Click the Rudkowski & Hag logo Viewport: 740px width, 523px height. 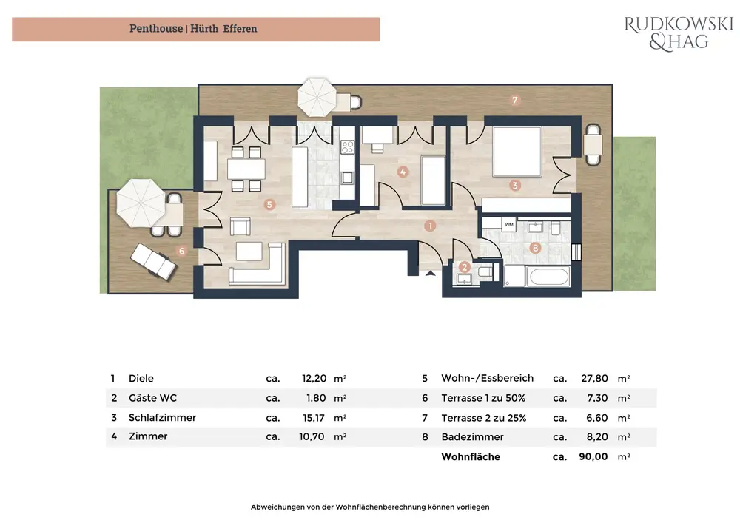coord(679,33)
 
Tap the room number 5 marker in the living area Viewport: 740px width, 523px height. coord(269,204)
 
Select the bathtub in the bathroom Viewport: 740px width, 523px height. coord(549,277)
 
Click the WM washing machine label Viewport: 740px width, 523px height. coord(509,224)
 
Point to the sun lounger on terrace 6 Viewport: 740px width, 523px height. coord(153,262)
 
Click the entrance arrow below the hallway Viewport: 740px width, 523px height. coord(430,272)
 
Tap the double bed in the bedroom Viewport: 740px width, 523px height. coord(517,152)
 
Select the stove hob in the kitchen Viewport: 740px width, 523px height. coord(347,146)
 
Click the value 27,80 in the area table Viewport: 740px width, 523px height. coord(594,378)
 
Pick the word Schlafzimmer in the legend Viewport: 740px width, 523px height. coord(162,417)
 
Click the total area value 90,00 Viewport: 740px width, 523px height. coord(593,456)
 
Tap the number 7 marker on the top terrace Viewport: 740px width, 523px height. coord(515,100)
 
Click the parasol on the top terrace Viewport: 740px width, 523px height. coord(317,98)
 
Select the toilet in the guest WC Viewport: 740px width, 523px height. coord(485,272)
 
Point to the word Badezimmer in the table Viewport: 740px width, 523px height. coord(472,437)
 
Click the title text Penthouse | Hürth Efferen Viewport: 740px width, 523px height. coord(193,29)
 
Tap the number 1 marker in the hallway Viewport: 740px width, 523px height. coord(430,226)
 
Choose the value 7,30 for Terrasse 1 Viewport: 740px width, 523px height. coord(597,398)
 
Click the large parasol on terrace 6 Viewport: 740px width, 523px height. coord(141,203)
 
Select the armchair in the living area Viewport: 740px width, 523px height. coord(240,226)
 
